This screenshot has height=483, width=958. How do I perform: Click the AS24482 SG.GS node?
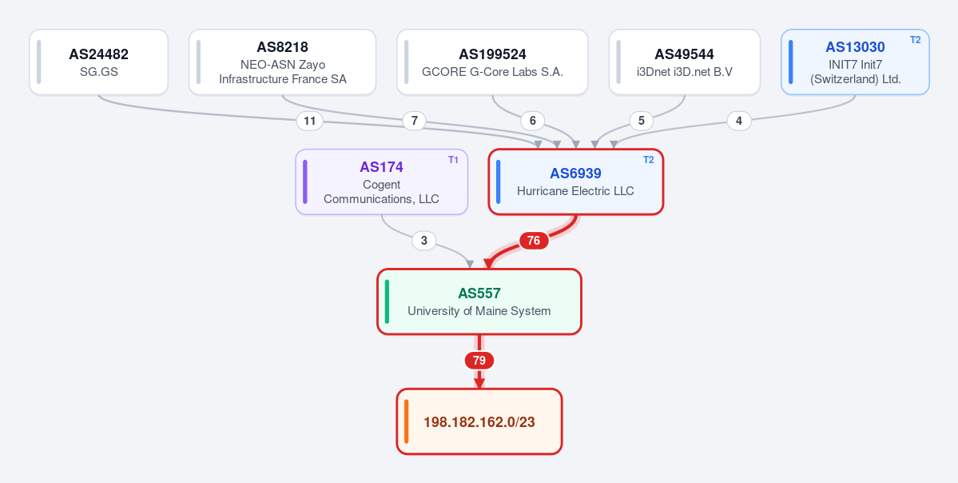point(98,62)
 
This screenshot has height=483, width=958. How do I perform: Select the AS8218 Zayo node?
point(282,62)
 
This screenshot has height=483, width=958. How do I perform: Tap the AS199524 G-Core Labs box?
point(492,62)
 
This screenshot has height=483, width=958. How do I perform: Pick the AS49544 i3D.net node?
point(684,62)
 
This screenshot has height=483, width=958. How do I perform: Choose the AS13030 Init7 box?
point(856,62)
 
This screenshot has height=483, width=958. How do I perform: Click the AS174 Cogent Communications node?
point(381,182)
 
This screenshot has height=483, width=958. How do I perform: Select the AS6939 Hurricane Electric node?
point(575,182)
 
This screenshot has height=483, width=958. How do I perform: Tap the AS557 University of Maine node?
point(479,301)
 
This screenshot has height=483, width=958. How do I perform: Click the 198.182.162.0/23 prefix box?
point(479,421)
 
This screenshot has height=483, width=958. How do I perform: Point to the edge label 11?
point(310,121)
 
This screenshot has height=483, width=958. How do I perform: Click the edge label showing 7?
point(414,121)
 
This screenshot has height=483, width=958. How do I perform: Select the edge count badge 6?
point(533,121)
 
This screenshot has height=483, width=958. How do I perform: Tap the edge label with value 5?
point(642,121)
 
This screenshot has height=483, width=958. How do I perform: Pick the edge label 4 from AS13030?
point(739,121)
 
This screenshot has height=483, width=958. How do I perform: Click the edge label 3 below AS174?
point(424,241)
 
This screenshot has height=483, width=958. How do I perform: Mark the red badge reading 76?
point(534,241)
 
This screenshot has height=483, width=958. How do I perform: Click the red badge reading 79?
point(479,361)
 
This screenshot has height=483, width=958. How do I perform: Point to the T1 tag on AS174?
point(453,160)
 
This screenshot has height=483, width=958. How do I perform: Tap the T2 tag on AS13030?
point(915,40)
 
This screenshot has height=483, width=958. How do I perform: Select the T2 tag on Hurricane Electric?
point(649,160)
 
